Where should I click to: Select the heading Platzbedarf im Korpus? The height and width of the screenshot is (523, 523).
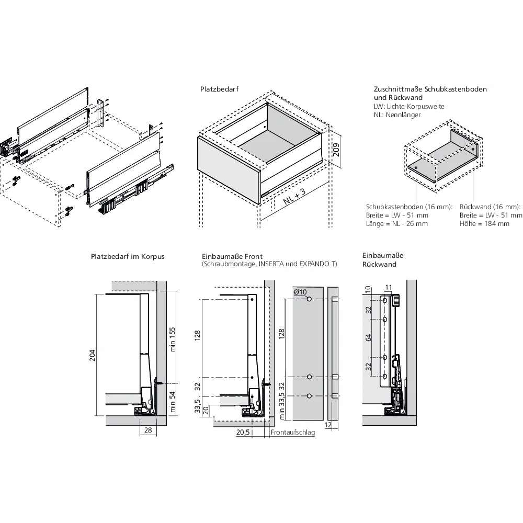128,257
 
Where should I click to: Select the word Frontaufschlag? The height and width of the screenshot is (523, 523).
293,433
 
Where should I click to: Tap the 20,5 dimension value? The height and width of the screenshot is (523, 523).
242,432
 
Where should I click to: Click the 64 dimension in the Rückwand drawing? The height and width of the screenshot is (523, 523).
369,338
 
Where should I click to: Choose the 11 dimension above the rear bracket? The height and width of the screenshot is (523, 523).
388,287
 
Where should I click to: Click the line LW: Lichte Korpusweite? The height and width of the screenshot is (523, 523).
409,106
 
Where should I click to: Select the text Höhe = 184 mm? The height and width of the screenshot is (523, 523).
484,224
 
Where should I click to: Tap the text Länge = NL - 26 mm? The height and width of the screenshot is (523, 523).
397,224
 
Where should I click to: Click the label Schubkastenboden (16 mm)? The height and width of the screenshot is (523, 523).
409,207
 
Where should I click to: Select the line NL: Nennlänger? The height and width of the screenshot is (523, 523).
397,115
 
